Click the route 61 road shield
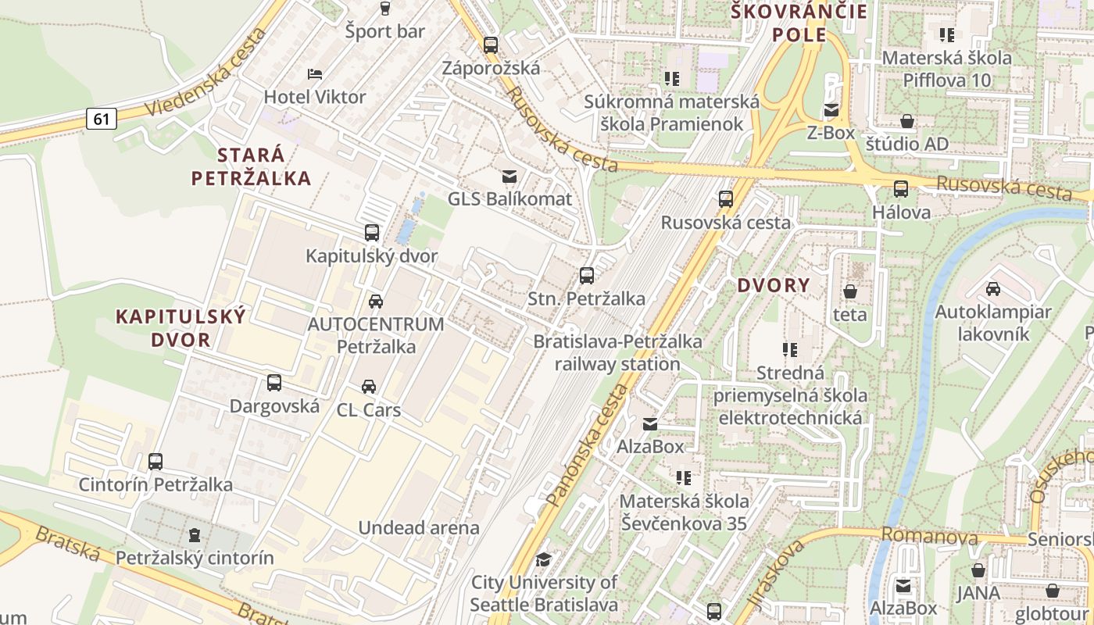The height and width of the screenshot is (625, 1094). click(x=102, y=119)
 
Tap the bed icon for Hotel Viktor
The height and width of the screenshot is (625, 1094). click(x=315, y=74)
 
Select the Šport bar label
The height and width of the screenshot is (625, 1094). click(x=385, y=31)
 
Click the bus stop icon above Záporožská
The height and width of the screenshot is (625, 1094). click(x=491, y=45)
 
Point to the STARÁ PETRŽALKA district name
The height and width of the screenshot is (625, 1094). click(x=251, y=166)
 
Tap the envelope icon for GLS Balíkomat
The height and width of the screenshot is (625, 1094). click(x=509, y=177)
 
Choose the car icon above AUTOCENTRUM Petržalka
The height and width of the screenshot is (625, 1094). click(x=376, y=301)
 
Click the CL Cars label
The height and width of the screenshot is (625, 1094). click(x=369, y=409)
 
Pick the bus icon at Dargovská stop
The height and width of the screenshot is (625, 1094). click(x=274, y=383)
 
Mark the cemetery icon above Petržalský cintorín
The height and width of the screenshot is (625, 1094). click(x=195, y=535)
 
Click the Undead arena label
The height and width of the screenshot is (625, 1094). click(x=419, y=527)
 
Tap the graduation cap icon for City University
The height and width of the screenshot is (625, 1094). click(x=543, y=559)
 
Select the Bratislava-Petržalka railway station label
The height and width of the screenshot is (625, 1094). click(x=617, y=352)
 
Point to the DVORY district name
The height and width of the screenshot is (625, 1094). click(x=774, y=285)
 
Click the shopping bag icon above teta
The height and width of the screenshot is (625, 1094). click(x=850, y=291)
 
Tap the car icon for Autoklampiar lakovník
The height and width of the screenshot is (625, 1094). click(x=993, y=289)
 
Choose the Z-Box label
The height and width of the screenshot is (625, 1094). click(x=831, y=133)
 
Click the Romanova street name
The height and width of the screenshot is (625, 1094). click(x=929, y=537)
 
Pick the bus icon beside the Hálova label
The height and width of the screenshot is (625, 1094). click(x=901, y=189)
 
